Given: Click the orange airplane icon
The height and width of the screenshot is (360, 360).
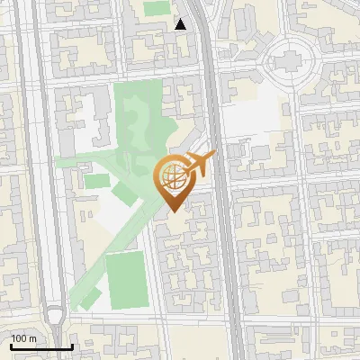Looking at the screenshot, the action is click(201, 164).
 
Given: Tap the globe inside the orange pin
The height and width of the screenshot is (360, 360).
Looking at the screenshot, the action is click(173, 176).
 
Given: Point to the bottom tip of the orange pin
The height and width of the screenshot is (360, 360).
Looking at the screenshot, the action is click(173, 211).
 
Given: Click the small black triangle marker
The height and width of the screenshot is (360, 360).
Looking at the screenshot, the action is click(181, 24).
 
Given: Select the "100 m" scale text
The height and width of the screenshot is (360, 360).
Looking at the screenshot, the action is click(24, 338).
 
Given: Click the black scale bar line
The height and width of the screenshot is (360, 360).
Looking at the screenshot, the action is click(41, 346).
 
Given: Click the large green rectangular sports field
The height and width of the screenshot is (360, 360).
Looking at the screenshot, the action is click(127, 279).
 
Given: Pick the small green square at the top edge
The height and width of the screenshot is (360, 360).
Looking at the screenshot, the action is click(157, 7).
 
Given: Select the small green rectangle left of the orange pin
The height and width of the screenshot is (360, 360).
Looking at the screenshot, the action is click(97, 181).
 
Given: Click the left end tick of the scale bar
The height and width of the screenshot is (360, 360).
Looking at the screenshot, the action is click(12, 346).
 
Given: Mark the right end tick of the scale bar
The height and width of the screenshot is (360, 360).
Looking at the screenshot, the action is click(72, 346).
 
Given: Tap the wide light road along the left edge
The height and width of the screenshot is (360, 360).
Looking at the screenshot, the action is click(36, 180).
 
